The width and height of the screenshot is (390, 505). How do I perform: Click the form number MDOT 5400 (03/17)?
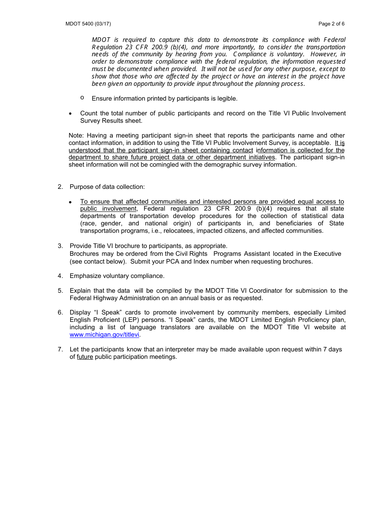[88, 24]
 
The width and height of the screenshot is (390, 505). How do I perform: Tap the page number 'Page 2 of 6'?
[331, 24]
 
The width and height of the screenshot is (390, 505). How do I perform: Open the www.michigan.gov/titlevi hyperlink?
[105, 335]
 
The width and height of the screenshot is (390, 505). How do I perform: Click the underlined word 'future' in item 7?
[85, 357]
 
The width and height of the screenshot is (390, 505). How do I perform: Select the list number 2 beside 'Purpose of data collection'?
[60, 187]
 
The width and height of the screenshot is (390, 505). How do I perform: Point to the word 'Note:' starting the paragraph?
[76, 135]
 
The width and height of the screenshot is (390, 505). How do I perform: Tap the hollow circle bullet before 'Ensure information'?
[83, 98]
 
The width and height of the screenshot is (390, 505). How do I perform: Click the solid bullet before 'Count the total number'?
[71, 114]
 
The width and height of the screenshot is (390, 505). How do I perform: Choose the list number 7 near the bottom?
[60, 349]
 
